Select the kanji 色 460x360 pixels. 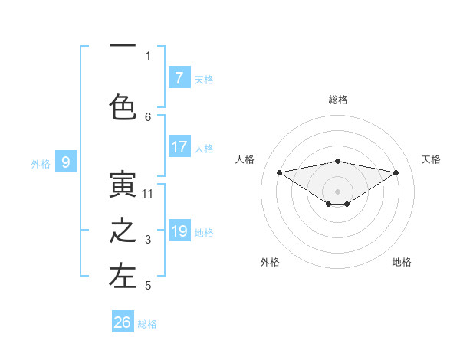(x=123, y=108)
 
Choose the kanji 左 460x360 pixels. (x=123, y=277)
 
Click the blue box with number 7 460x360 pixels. (x=179, y=78)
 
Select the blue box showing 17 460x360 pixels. (x=179, y=147)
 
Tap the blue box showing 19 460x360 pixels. (x=179, y=231)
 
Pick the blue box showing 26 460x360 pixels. (x=123, y=322)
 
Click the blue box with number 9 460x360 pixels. (x=67, y=162)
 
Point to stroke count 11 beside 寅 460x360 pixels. (x=148, y=194)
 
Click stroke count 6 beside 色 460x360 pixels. (x=148, y=116)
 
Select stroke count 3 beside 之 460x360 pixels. (x=148, y=241)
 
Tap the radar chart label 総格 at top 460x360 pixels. (x=338, y=100)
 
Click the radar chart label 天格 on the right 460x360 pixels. (x=432, y=159)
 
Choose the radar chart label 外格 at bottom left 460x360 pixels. (x=270, y=262)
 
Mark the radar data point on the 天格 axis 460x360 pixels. (x=396, y=172)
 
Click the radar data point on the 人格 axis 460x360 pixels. (x=279, y=172)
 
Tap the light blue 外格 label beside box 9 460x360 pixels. (x=41, y=163)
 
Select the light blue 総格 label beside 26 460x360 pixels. (x=148, y=324)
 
